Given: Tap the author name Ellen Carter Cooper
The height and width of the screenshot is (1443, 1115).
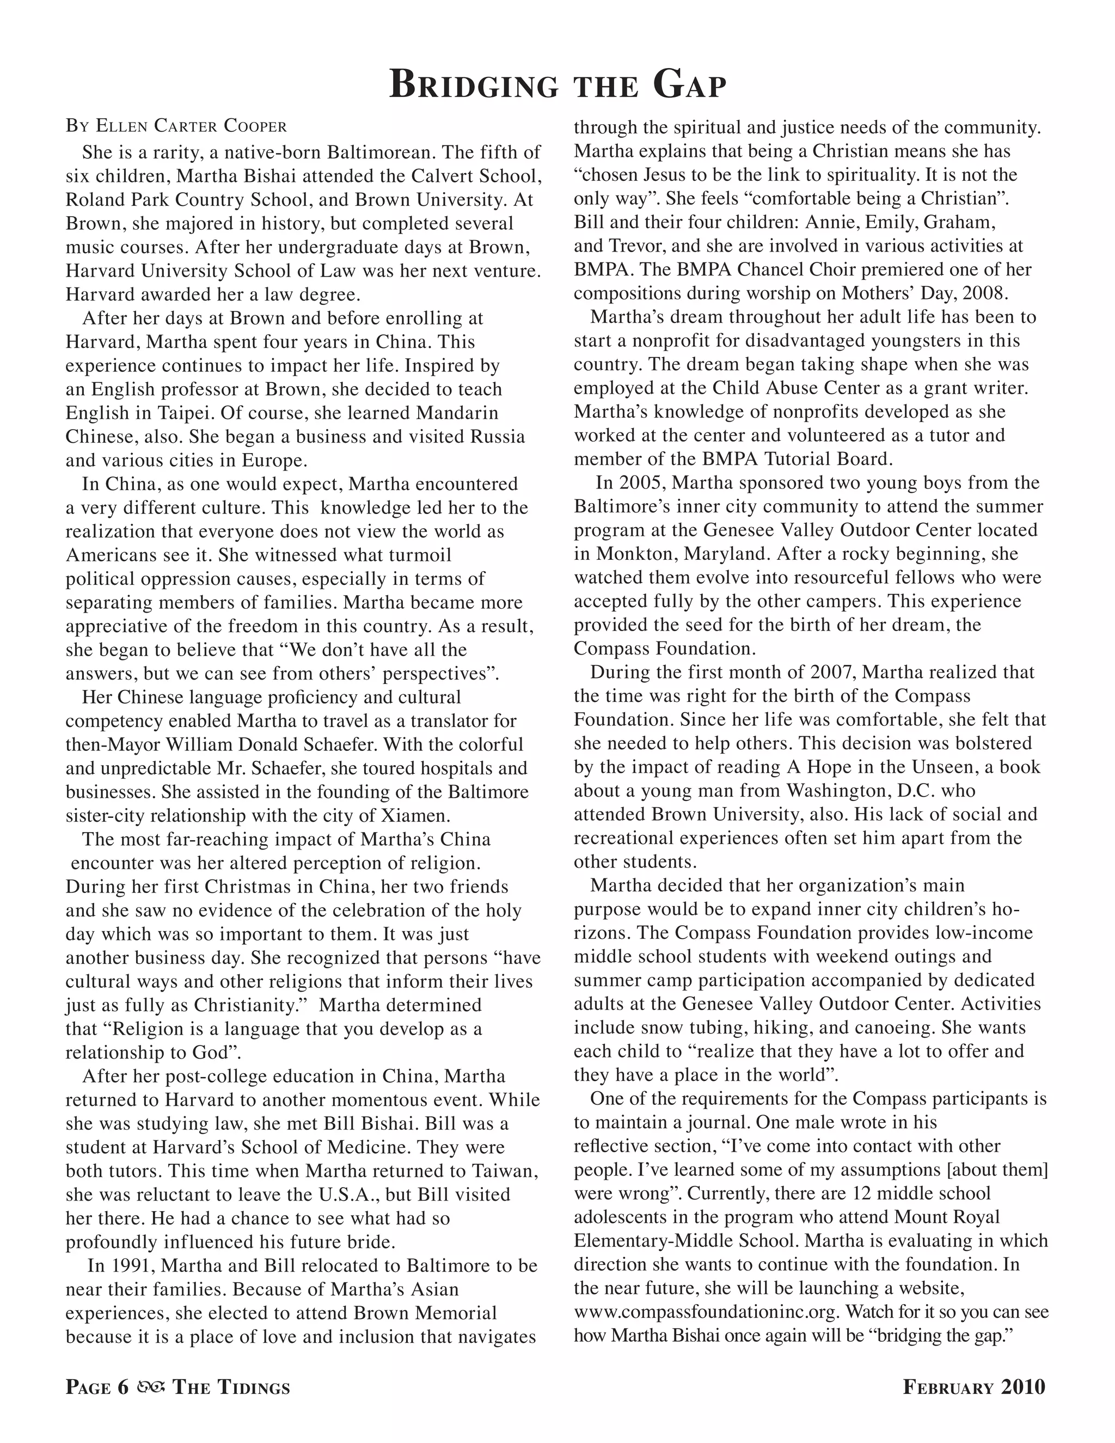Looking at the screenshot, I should (192, 126).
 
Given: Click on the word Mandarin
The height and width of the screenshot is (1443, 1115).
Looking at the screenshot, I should (457, 413).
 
